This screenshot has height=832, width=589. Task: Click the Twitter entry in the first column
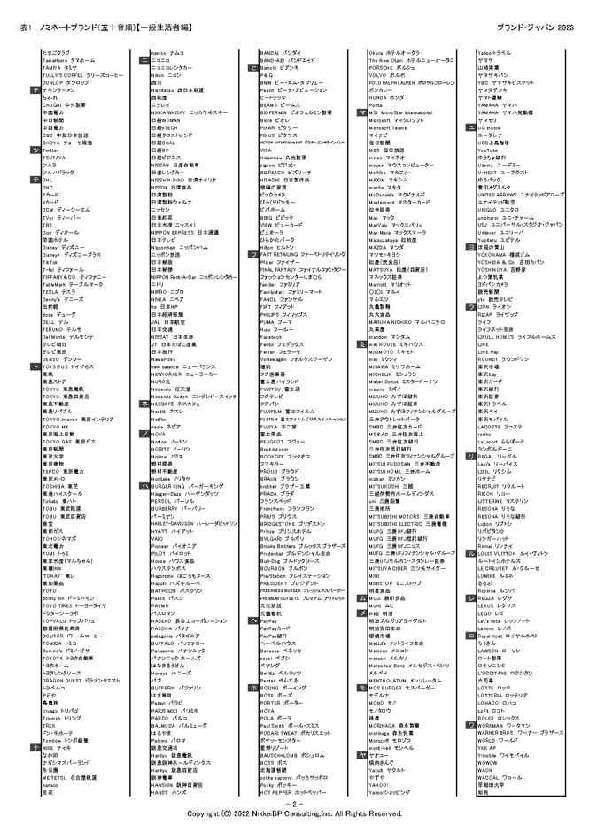tap(50, 150)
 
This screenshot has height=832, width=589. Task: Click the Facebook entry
tap(270, 337)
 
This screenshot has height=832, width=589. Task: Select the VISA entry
tap(266, 150)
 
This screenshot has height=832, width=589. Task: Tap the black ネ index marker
tap(143, 403)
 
